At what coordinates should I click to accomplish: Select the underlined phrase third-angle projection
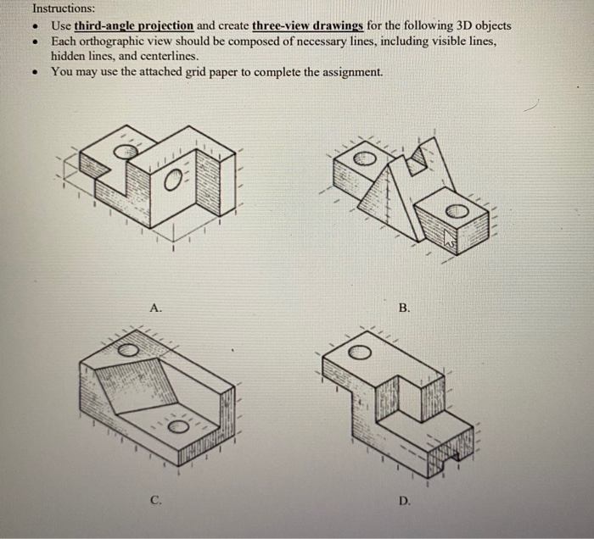pos(134,26)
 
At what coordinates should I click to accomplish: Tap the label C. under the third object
pos(155,501)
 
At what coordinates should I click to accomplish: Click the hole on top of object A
pos(124,151)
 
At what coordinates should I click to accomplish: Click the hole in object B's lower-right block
pos(457,210)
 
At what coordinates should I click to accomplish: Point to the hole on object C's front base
pos(179,425)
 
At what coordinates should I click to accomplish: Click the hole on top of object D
pos(359,352)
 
